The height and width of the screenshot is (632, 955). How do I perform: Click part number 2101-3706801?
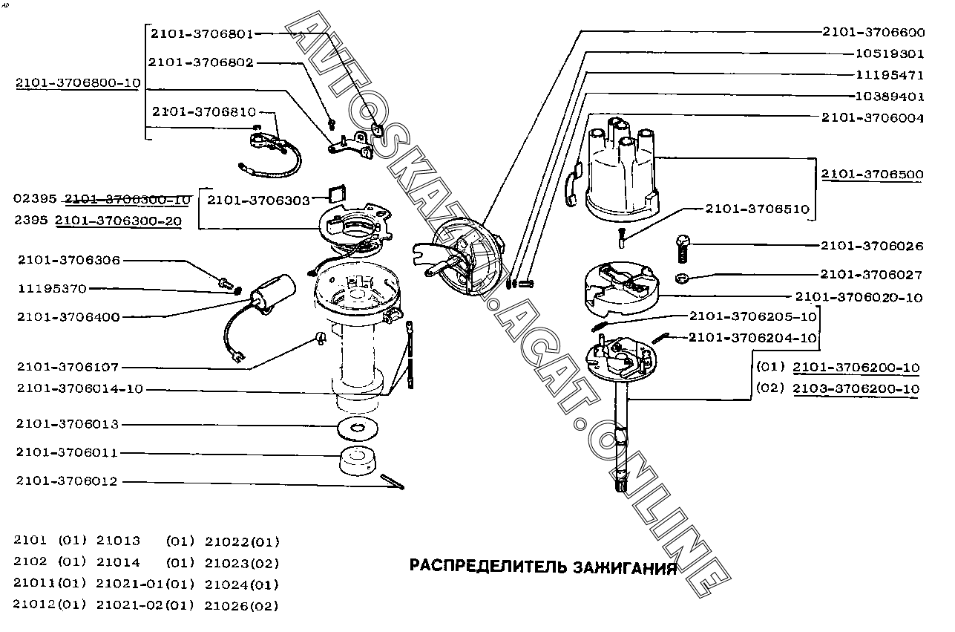pyautogui.click(x=202, y=33)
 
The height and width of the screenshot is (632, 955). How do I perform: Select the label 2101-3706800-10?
pyautogui.click(x=78, y=83)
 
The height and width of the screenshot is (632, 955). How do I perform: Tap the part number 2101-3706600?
pyautogui.click(x=873, y=32)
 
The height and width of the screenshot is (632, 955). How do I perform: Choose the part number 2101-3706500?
pyautogui.click(x=872, y=175)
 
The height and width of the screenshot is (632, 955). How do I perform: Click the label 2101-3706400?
pyautogui.click(x=68, y=317)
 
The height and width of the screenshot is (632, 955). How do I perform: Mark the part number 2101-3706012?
pyautogui.click(x=67, y=481)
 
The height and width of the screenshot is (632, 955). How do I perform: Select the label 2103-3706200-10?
pyautogui.click(x=856, y=388)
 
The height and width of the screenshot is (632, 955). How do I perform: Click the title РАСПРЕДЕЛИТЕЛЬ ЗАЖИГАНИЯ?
pyautogui.click(x=543, y=567)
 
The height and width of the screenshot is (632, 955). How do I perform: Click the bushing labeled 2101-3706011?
pyautogui.click(x=358, y=461)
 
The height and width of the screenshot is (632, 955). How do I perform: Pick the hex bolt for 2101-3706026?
pyautogui.click(x=683, y=247)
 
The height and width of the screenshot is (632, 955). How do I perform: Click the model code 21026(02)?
pyautogui.click(x=241, y=605)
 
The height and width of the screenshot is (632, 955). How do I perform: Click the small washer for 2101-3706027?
pyautogui.click(x=681, y=278)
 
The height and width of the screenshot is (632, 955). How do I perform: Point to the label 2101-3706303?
pyautogui.click(x=257, y=200)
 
